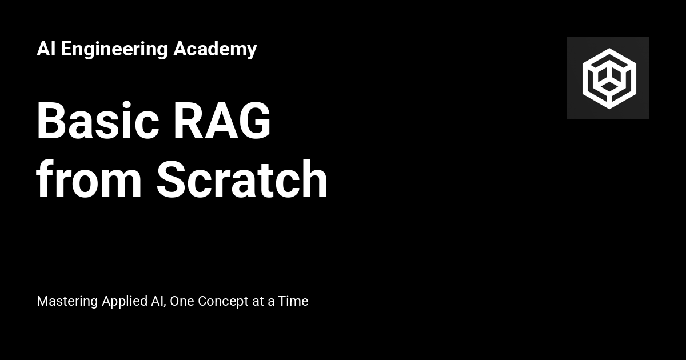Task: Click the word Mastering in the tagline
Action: (x=67, y=302)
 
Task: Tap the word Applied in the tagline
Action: (x=123, y=302)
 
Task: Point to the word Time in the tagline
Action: (x=293, y=301)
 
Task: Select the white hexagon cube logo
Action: (x=608, y=78)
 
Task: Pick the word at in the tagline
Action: (x=258, y=302)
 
